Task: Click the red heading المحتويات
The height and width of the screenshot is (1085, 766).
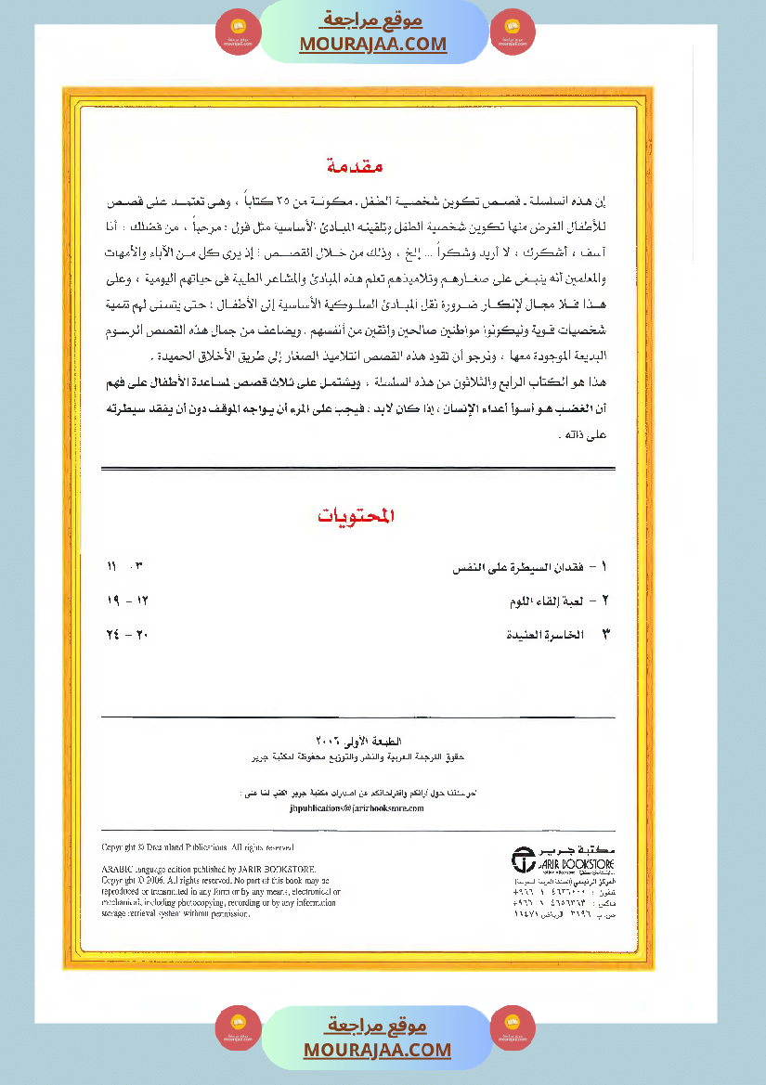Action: (357, 516)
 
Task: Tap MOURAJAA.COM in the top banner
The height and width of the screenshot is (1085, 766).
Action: (373, 44)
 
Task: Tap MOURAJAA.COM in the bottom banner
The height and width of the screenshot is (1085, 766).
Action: (377, 1050)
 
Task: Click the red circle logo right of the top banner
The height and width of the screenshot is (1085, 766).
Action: (513, 32)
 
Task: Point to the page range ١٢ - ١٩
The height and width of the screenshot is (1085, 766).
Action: (128, 601)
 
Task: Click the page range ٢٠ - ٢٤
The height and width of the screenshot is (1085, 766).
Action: (128, 636)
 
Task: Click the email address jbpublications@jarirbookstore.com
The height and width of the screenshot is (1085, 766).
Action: (357, 808)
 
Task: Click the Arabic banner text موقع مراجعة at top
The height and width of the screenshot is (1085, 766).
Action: (373, 19)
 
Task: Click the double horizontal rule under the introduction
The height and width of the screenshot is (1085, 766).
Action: (357, 468)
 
